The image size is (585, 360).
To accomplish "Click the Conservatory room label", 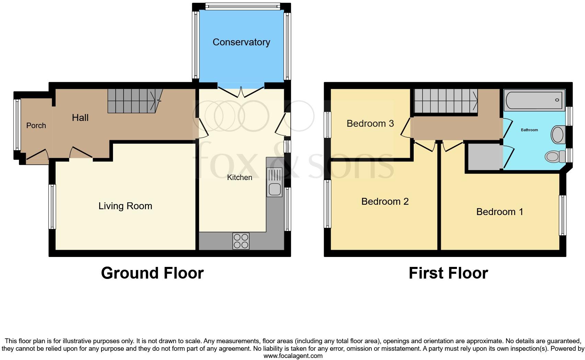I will coord(241,42).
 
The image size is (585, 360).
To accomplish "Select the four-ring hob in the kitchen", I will coord(241,241).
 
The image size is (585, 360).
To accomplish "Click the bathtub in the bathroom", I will coord(534,100).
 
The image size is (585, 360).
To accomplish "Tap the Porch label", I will coord(36,126).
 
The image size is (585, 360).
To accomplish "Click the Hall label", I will coord(80,118).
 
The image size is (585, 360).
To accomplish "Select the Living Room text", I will coord(125,206).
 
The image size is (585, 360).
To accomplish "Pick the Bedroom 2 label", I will coord(385,202).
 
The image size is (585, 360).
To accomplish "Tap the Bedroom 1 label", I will coord(500,212).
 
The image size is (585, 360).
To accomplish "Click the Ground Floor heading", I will coord(152,273).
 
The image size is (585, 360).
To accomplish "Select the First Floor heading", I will coord(448,273).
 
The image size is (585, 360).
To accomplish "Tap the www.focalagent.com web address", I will coord(293,356).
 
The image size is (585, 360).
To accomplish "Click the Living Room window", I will coord(52,206).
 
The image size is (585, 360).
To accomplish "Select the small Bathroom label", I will coord(529,130).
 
